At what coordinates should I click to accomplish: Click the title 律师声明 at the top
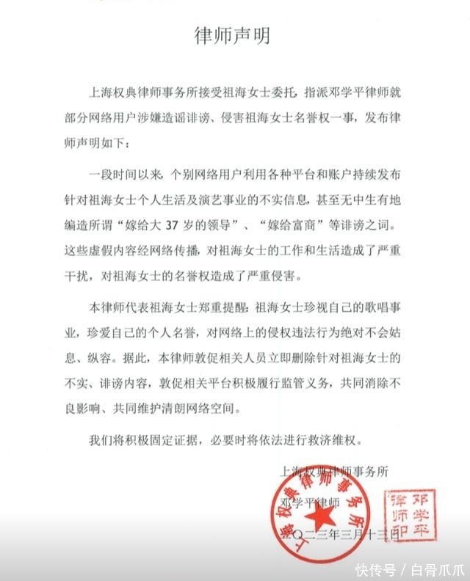click(x=235, y=36)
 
